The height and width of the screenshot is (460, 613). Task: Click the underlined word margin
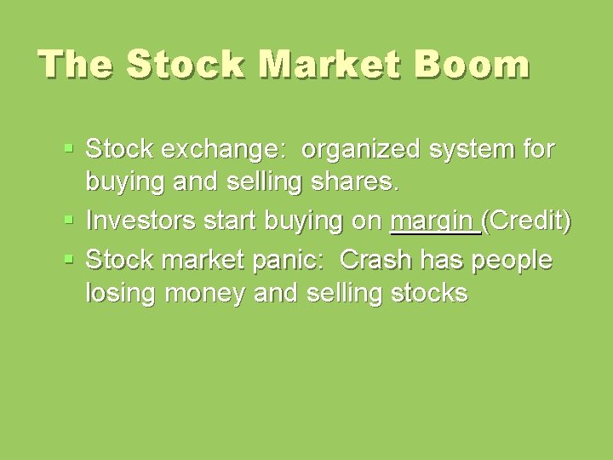click(433, 222)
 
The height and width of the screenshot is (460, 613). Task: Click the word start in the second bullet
click(228, 221)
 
